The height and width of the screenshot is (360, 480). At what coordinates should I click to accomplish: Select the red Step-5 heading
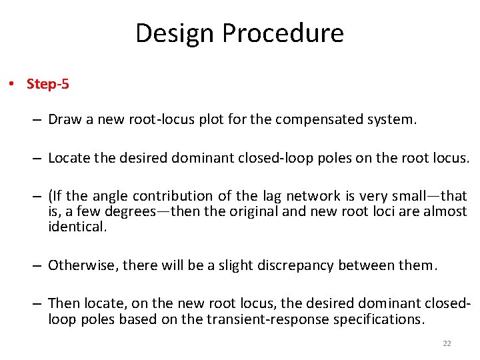47,84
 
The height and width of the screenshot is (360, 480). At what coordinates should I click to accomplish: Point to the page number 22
447,343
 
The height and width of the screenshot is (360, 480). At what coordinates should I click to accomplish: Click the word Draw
65,121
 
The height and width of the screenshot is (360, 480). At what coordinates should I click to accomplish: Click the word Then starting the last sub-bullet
64,304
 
